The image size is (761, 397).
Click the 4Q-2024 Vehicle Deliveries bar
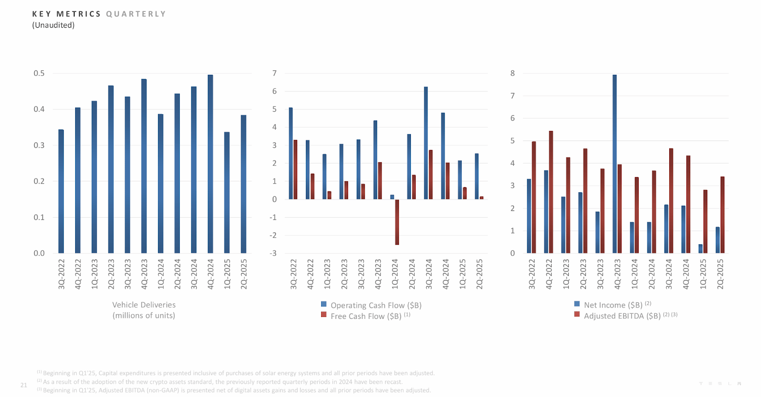(x=210, y=164)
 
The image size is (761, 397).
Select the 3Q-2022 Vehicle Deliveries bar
(x=61, y=191)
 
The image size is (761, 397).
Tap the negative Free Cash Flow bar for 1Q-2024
(x=397, y=222)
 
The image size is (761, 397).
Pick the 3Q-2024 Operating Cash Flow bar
(x=426, y=143)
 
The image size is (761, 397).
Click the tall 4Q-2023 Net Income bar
(x=615, y=164)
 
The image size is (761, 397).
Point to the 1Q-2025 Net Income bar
(x=700, y=248)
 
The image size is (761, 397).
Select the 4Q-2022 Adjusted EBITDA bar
(x=551, y=192)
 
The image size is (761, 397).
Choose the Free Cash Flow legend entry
(x=366, y=316)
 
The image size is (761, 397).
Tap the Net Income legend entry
(x=613, y=305)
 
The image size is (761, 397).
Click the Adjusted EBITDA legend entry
(x=622, y=316)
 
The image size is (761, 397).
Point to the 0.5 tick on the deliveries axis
(x=39, y=73)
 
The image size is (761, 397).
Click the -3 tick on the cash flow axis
(x=273, y=253)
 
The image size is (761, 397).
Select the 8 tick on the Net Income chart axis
(x=512, y=73)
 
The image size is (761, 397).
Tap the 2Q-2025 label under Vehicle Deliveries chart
(x=244, y=274)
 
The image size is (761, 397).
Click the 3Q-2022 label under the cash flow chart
(x=293, y=274)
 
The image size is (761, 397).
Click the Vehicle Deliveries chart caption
(x=144, y=310)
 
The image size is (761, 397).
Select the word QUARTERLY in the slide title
(x=136, y=14)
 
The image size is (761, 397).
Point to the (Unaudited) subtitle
(x=53, y=25)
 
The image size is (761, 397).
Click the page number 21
(x=24, y=385)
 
